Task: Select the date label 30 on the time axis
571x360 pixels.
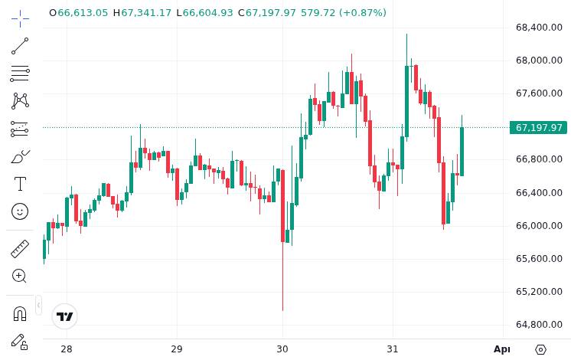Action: (282, 349)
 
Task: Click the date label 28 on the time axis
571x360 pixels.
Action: (67, 349)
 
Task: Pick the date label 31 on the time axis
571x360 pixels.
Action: (393, 349)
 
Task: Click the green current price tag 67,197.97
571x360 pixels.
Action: (539, 127)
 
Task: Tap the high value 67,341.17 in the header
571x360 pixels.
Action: (145, 13)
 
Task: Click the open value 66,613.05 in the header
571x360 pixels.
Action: (83, 13)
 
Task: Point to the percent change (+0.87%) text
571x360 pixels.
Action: (360, 13)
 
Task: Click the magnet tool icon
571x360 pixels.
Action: (20, 313)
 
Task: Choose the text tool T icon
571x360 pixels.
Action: (20, 184)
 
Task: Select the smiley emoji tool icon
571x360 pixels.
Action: (20, 211)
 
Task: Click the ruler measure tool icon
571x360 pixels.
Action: (20, 249)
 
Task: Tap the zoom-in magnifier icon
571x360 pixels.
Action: (20, 276)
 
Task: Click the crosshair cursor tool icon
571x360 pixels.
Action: (20, 17)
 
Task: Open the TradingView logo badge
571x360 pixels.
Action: (65, 316)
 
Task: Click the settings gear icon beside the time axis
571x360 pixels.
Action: (541, 349)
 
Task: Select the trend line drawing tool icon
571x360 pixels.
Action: (20, 46)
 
